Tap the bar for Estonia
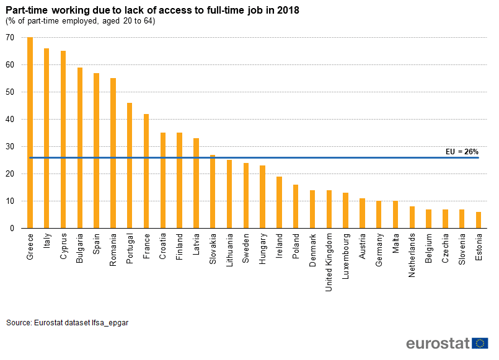pos(478,220)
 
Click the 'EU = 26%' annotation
pos(462,151)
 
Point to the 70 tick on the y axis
pos(10,38)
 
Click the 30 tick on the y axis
pos(10,147)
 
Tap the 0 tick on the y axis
pos(12,229)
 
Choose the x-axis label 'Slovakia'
pos(213,248)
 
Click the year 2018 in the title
pos(288,10)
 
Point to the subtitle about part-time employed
pos(81,21)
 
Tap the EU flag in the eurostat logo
pos(480,343)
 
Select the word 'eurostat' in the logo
pos(438,344)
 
